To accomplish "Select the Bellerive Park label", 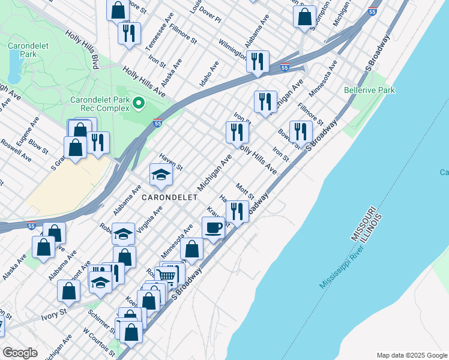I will [x=369, y=90].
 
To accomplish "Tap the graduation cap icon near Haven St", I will [x=161, y=175].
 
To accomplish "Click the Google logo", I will [x=20, y=353].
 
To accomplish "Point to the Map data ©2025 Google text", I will [x=411, y=355].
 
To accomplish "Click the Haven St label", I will [x=170, y=160].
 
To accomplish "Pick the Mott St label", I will [x=246, y=192].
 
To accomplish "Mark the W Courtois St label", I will [x=98, y=340].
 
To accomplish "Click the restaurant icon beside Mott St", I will [x=237, y=211].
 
